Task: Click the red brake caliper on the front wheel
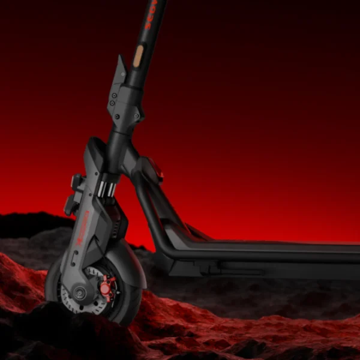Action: (x=106, y=289)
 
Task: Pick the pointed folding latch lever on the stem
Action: (x=121, y=67)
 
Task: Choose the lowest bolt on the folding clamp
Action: (x=118, y=116)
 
